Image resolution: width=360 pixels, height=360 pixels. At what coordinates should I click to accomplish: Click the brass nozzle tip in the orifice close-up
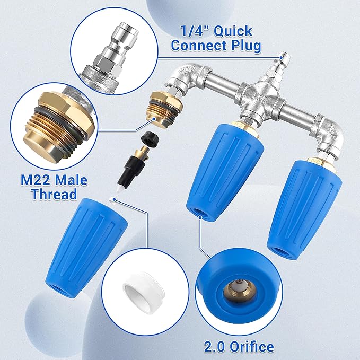(234, 289)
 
